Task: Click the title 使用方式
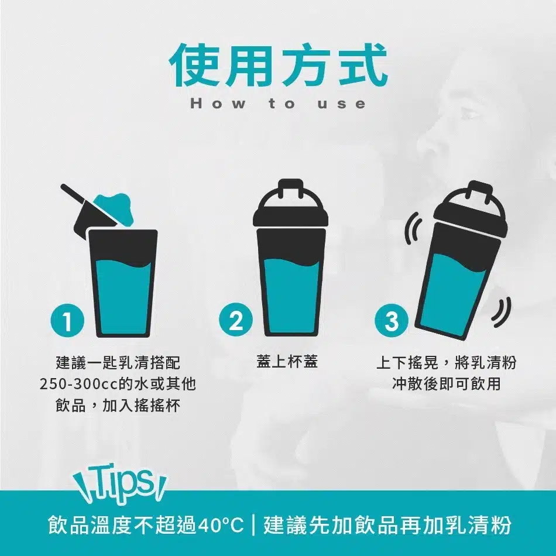click(279, 65)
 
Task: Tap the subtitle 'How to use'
click(278, 104)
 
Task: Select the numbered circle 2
click(236, 321)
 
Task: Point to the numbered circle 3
click(392, 320)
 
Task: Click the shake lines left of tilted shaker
click(411, 229)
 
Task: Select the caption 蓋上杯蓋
click(287, 362)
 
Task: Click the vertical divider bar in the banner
click(253, 526)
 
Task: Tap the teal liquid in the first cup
click(123, 297)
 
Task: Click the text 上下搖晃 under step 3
click(407, 362)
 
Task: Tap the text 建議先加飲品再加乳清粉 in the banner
click(387, 526)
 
